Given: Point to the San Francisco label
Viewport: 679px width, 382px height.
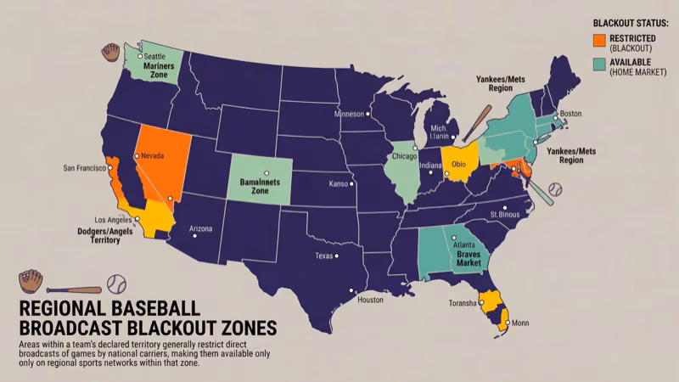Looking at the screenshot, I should tap(86, 168).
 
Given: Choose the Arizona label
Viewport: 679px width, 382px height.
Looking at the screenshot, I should tap(200, 229).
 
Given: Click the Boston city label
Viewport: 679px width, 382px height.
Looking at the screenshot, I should tap(571, 114).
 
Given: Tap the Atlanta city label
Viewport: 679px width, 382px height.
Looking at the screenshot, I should tap(463, 244).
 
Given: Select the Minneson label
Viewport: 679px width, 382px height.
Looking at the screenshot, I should tap(348, 114).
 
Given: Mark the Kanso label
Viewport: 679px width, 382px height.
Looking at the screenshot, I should tap(340, 183).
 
